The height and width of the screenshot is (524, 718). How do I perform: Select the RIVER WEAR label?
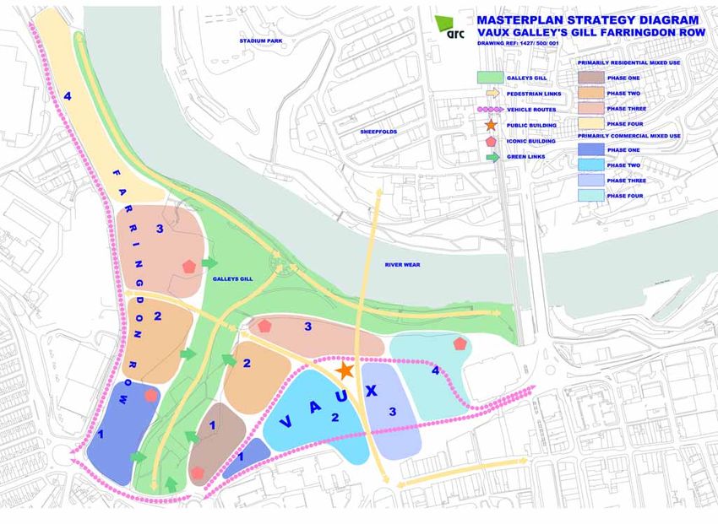pyautogui.click(x=402, y=264)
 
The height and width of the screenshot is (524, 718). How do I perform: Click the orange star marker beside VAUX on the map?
pyautogui.click(x=344, y=370)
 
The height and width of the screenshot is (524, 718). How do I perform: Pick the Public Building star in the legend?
pyautogui.click(x=489, y=124)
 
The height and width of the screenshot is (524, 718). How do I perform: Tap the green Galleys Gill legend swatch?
pyautogui.click(x=489, y=77)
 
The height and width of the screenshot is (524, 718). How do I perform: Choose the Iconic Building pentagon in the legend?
pyautogui.click(x=489, y=140)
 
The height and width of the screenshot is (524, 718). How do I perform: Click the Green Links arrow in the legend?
pyautogui.click(x=489, y=156)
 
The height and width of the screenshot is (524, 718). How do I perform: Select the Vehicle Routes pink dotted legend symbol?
pyautogui.click(x=489, y=109)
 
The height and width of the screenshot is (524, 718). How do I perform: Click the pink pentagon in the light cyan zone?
pyautogui.click(x=460, y=343)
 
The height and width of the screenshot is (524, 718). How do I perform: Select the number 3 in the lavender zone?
pyautogui.click(x=392, y=413)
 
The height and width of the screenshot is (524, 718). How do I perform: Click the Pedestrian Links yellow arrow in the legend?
pyautogui.click(x=489, y=93)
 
